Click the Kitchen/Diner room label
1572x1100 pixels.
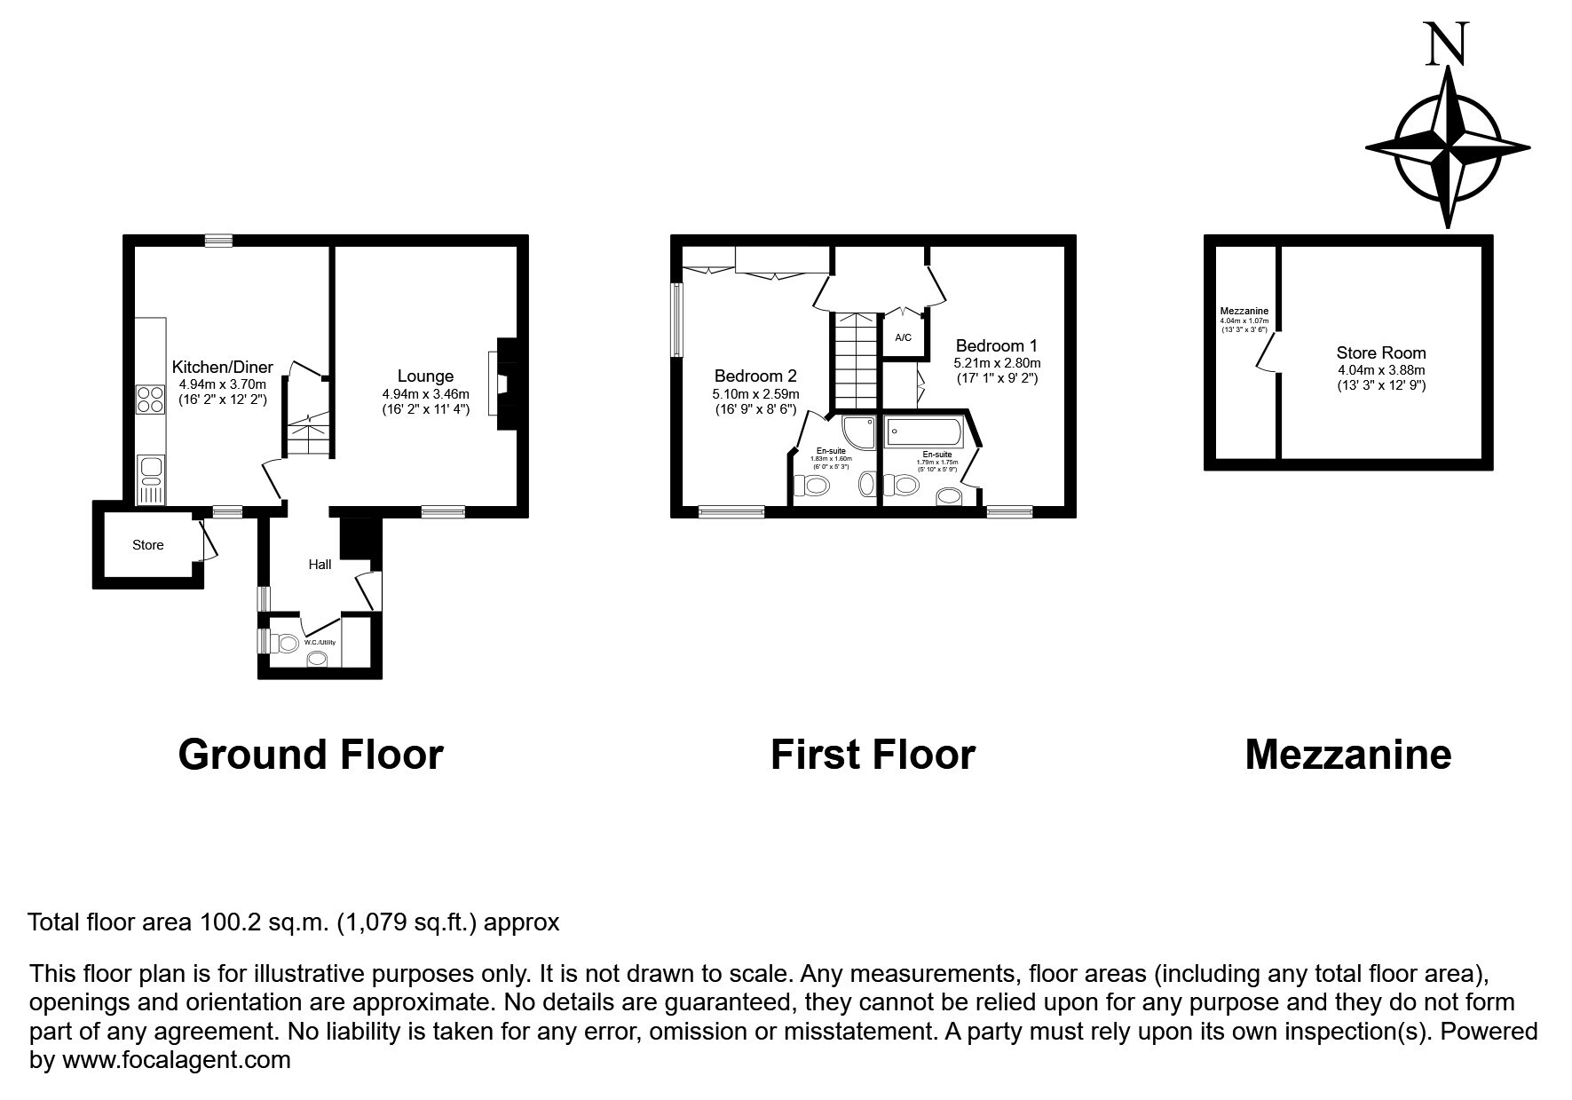point(222,368)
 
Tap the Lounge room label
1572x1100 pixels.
point(425,376)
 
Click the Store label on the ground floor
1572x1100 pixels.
point(148,545)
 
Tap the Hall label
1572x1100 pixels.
point(320,565)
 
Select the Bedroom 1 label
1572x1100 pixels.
point(996,345)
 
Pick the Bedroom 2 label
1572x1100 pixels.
point(755,376)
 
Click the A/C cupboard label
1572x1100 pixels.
point(903,338)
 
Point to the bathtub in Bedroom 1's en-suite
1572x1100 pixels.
point(923,433)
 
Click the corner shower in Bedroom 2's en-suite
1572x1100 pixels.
point(857,433)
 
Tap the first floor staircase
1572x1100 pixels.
point(854,360)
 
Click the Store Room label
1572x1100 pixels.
point(1381,352)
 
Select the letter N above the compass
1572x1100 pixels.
point(1447,44)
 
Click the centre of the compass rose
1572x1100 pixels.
point(1448,147)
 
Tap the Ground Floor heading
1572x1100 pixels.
point(311,755)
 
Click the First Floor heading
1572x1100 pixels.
point(873,755)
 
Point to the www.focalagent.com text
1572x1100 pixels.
point(176,1060)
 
